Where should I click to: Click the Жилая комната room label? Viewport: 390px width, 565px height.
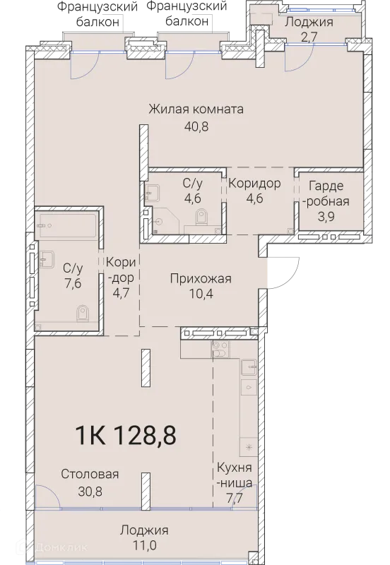[196, 109]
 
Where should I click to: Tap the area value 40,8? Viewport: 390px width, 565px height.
[196, 127]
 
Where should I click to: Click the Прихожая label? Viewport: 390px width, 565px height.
[201, 279]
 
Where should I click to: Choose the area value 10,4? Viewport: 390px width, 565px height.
[201, 297]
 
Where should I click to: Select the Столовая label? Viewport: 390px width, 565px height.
[89, 474]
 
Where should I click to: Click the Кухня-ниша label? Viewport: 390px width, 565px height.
[234, 475]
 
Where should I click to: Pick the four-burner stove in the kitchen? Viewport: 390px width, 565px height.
[220, 348]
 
